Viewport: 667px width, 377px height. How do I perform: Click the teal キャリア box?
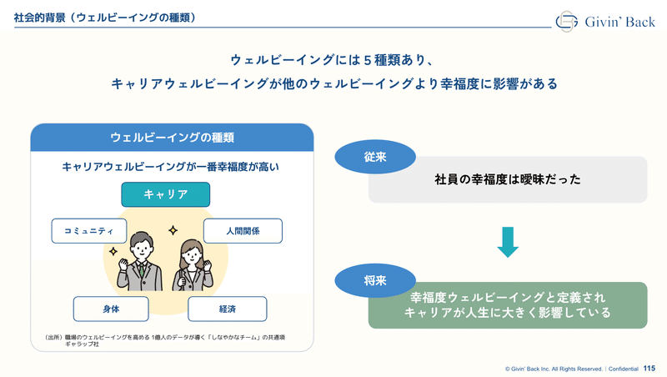tap(165, 194)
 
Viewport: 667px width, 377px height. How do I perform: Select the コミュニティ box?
tap(89, 231)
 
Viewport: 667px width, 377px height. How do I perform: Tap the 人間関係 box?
tap(243, 231)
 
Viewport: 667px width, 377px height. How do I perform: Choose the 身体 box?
tap(111, 309)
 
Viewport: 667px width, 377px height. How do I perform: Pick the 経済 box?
tap(228, 309)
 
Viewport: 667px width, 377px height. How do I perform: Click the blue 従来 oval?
tap(375, 157)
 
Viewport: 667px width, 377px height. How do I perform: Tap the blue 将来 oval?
tap(375, 280)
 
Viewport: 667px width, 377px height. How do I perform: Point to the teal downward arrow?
tap(508, 242)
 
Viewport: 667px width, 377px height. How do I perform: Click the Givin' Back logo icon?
tap(567, 22)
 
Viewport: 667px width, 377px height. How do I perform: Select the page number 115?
tap(649, 368)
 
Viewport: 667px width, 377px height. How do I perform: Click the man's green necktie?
tap(142, 269)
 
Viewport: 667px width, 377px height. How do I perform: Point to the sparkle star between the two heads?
tap(173, 230)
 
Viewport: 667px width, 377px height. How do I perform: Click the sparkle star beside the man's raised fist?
tap(113, 251)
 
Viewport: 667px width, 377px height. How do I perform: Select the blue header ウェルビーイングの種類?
tap(173, 138)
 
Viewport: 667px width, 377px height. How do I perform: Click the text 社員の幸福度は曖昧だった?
tap(508, 179)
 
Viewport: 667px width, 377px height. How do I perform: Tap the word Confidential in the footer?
tap(623, 369)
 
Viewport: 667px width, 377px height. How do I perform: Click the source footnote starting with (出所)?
tap(165, 340)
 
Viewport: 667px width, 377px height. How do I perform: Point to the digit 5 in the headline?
tap(368, 60)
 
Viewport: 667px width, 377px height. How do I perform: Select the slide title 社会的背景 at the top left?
tap(39, 18)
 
